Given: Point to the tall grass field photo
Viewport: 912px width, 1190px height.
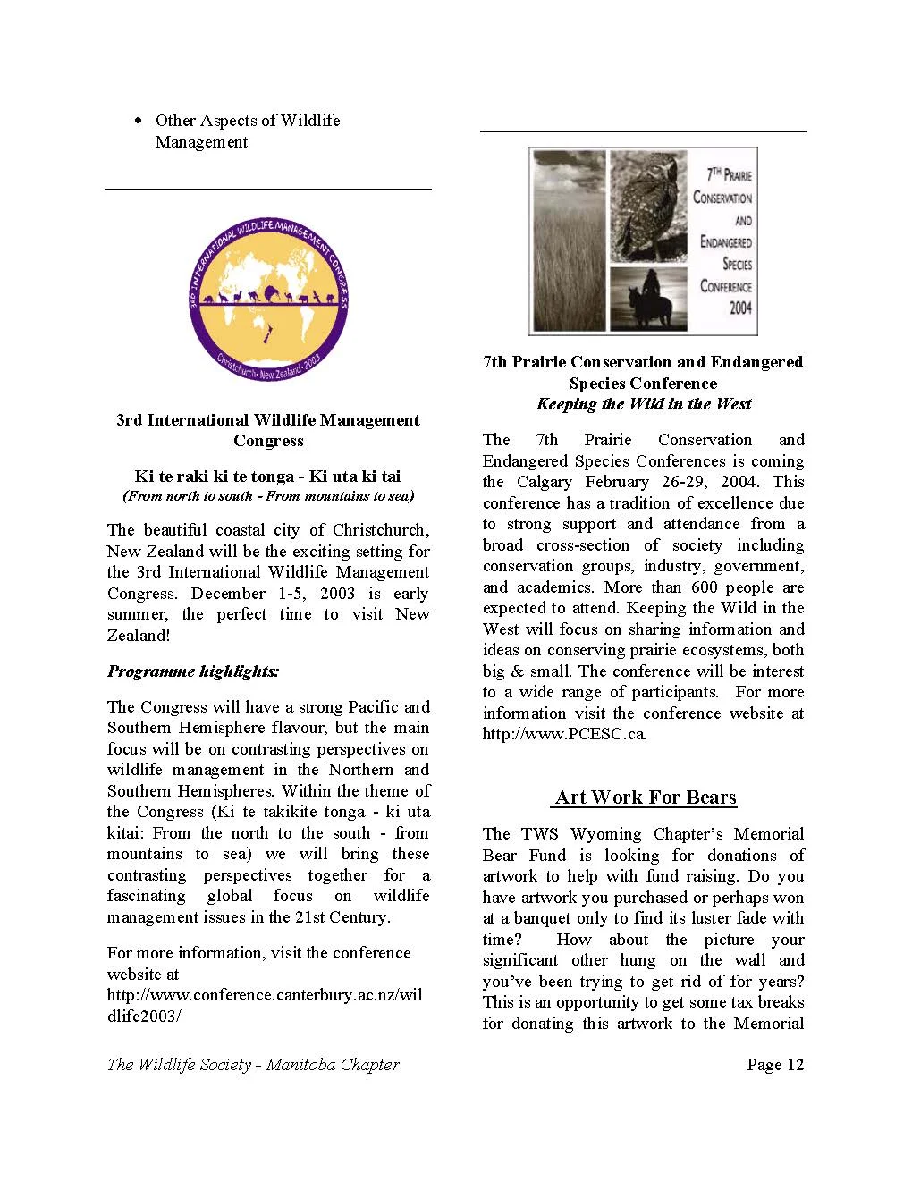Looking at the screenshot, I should click(x=568, y=241).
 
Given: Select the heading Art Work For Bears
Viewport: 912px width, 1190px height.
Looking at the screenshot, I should click(x=645, y=798).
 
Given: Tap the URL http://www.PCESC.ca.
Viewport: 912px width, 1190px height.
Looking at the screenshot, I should click(x=564, y=734).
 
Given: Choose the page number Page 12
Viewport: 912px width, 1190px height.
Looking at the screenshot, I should click(x=775, y=1064).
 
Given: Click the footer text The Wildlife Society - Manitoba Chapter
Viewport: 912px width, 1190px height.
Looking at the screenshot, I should click(x=253, y=1064).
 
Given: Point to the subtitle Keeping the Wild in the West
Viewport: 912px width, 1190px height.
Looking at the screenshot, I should click(x=644, y=404).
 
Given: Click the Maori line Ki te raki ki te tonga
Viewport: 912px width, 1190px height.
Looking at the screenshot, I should click(x=267, y=477).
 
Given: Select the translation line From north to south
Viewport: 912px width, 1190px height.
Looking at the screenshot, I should click(x=267, y=496).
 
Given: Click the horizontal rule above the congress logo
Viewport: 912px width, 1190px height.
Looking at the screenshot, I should click(x=268, y=190).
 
